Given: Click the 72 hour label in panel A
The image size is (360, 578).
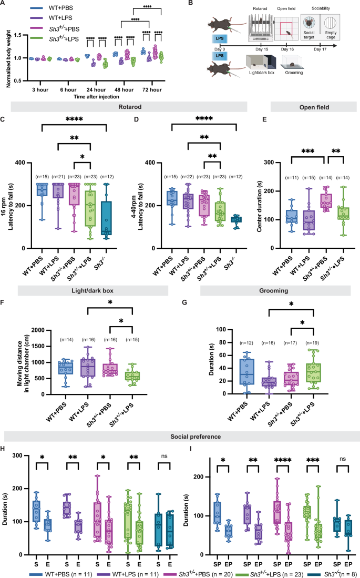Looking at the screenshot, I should [x=148, y=85].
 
